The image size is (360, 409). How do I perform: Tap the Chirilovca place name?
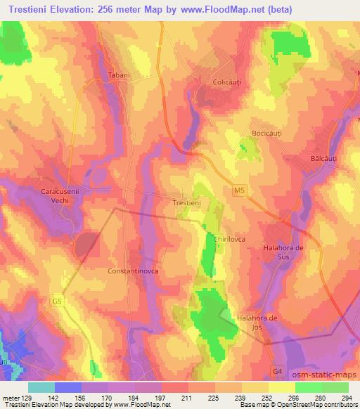[x=229, y=239]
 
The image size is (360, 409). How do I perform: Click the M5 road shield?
[x=238, y=190]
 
